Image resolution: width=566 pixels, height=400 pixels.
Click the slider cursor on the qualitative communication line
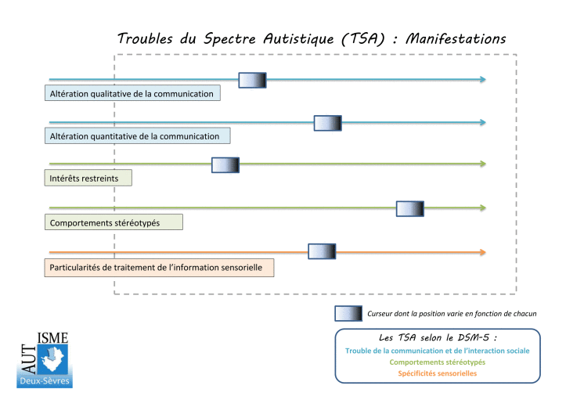(x=252, y=80)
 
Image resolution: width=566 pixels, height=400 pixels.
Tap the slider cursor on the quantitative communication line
(x=327, y=123)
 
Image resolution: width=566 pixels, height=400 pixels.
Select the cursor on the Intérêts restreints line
(x=225, y=164)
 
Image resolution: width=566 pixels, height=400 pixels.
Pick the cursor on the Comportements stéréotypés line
(x=409, y=208)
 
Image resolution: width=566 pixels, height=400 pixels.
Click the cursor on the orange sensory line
(x=322, y=251)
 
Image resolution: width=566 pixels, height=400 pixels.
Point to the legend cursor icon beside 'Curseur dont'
(x=348, y=314)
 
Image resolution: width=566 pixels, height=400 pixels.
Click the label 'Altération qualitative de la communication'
(x=132, y=94)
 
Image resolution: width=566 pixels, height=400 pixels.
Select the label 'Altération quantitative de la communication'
(x=135, y=136)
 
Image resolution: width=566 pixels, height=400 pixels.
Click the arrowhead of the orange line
(x=482, y=252)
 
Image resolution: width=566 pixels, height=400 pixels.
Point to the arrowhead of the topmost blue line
(x=482, y=80)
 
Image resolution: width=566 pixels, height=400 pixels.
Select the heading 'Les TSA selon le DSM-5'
(x=438, y=337)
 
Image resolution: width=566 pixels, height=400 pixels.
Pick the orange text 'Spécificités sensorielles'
(x=438, y=373)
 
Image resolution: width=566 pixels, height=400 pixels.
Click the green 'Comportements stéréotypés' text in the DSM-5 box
(x=438, y=362)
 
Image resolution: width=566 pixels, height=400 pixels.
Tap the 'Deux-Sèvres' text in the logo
(x=45, y=380)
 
